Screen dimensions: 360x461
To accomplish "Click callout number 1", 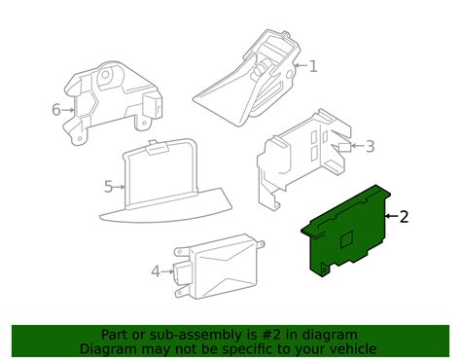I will [313, 66].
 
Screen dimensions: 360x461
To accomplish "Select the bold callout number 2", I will [404, 217].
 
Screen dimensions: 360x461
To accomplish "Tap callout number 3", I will [369, 147].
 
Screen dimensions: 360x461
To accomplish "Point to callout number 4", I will [155, 271].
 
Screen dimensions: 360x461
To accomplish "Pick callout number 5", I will [108, 185].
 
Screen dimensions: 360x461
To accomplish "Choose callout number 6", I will [56, 109].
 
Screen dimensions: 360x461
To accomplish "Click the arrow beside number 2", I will [390, 217].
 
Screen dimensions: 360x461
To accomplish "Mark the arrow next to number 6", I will [69, 109].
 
